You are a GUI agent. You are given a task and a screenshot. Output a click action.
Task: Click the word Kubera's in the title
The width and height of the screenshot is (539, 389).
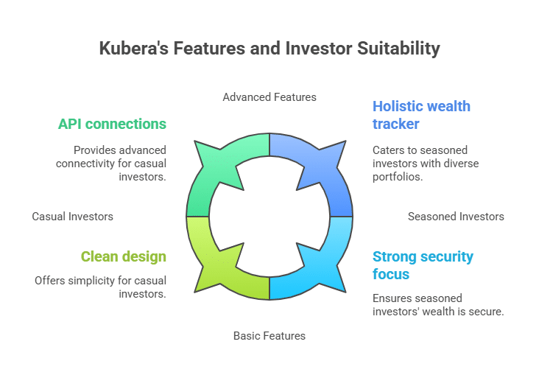[x=134, y=48]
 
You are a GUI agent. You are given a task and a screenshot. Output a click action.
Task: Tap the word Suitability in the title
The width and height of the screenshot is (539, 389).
[x=398, y=49]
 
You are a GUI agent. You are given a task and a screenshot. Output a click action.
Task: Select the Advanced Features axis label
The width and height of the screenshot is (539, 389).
[x=269, y=97]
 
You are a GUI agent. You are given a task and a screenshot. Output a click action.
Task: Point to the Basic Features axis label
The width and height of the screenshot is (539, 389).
[x=269, y=336]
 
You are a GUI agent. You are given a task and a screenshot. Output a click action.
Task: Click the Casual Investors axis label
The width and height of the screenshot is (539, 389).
[x=73, y=217]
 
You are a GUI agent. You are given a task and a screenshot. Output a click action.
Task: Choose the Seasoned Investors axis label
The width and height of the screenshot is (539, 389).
[x=456, y=217]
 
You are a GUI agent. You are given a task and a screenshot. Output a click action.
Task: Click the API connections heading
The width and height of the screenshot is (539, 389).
[x=112, y=125]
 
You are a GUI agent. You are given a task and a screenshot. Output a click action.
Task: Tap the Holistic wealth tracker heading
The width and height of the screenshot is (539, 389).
[x=421, y=115]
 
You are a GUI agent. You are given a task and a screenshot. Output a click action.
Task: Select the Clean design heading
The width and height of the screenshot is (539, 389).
[x=124, y=257]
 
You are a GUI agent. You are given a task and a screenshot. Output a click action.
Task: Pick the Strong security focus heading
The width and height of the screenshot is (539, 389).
[x=423, y=265]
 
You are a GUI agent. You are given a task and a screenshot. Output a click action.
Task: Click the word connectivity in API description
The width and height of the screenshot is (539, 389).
[x=85, y=164]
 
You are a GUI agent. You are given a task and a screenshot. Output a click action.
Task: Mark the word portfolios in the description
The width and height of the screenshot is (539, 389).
[x=398, y=177]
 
